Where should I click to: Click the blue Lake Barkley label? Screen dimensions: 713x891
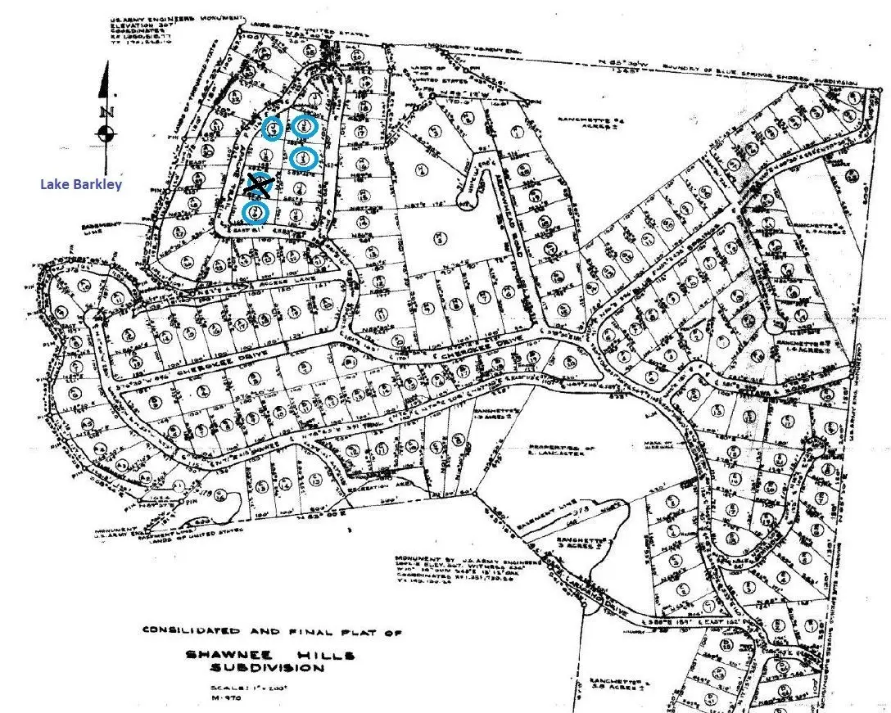pyautogui.click(x=81, y=184)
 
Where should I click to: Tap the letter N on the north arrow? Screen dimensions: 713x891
pyautogui.click(x=104, y=112)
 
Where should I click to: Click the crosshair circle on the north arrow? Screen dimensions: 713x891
pyautogui.click(x=105, y=133)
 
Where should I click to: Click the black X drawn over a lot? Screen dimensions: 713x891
pyautogui.click(x=260, y=185)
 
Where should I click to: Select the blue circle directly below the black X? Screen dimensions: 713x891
pyautogui.click(x=256, y=213)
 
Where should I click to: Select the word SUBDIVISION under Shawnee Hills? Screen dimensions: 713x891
pyautogui.click(x=266, y=668)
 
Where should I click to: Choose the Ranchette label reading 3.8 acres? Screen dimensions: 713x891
pyautogui.click(x=611, y=687)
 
